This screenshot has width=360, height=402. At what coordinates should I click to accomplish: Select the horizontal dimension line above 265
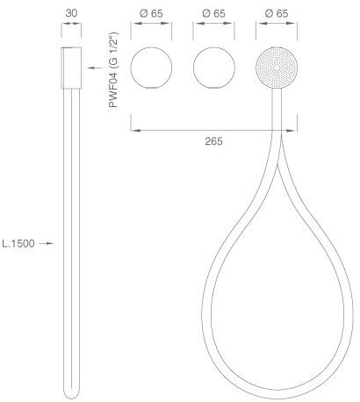(207, 130)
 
